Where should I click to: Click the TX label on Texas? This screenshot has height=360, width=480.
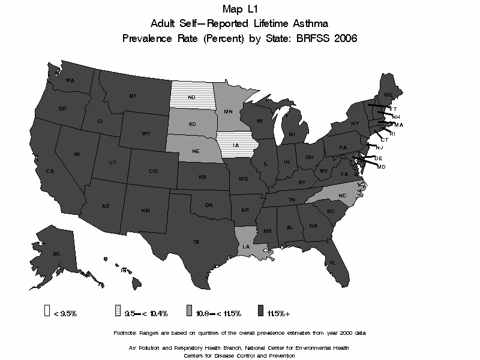(196, 242)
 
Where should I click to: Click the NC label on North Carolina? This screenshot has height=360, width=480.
(343, 196)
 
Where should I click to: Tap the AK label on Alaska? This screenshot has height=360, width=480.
(56, 254)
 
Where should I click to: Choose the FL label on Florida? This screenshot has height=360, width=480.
(332, 263)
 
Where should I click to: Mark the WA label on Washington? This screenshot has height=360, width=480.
(70, 80)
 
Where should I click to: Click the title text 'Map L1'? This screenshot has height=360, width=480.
(239, 9)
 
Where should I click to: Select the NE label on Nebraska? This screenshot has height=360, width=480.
(195, 152)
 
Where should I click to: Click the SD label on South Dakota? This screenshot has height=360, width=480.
(192, 125)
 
